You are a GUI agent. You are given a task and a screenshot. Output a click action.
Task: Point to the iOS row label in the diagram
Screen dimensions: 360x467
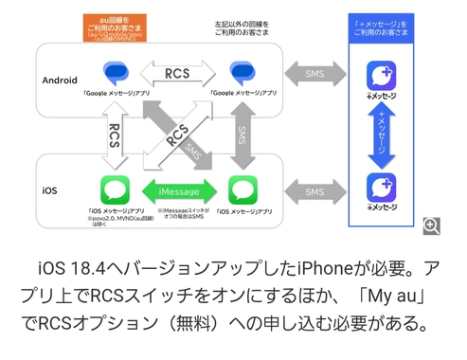pos(50,190)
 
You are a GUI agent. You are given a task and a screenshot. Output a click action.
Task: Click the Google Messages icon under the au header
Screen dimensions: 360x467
pos(115,72)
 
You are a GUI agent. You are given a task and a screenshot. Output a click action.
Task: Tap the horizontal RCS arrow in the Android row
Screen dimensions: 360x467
pos(176,72)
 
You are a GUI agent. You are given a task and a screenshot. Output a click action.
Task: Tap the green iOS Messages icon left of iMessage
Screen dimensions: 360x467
pos(115,188)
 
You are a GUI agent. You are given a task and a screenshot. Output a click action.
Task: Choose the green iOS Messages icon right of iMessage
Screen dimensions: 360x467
pos(243,188)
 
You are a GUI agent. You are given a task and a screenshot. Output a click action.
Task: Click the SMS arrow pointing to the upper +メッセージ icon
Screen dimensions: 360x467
pos(314,73)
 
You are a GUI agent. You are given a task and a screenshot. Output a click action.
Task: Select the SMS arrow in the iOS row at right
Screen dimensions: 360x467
pos(314,190)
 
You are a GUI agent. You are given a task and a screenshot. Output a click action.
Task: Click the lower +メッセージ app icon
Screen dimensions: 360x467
pos(381,187)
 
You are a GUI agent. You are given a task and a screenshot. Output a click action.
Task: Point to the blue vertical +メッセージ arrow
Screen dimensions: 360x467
pos(381,131)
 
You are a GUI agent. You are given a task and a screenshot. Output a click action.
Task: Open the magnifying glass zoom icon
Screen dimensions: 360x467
pos(431,225)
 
